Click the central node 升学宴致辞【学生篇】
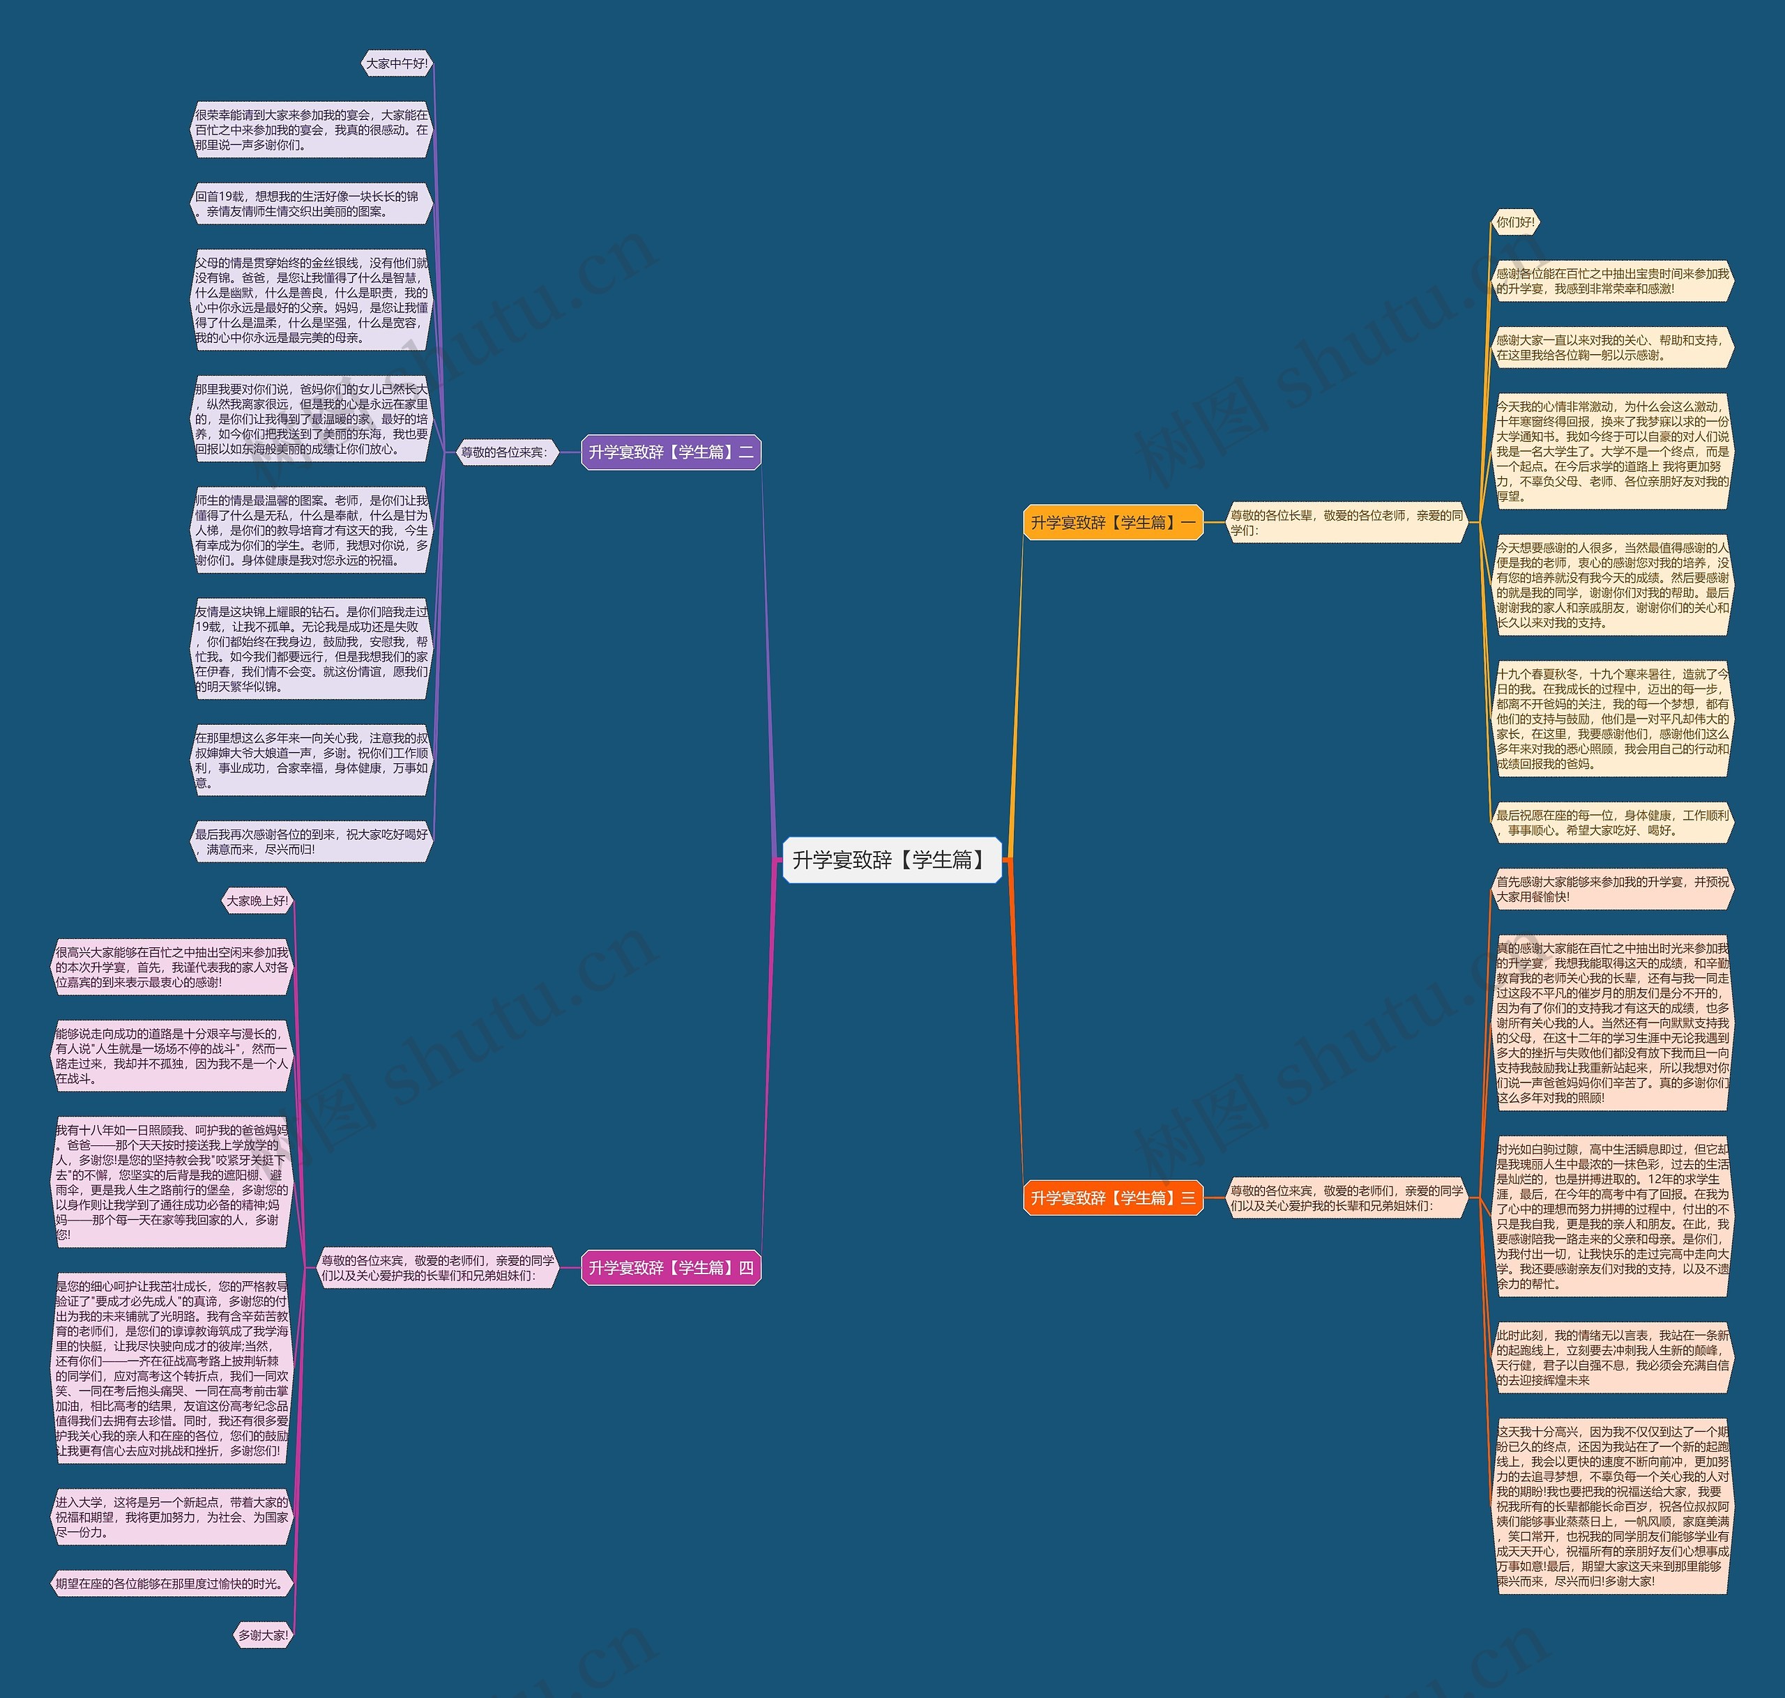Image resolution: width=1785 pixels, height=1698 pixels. click(x=890, y=860)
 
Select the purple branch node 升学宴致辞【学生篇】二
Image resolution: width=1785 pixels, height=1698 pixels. click(x=671, y=452)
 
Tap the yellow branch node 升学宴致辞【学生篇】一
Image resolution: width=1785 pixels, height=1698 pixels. click(x=1112, y=522)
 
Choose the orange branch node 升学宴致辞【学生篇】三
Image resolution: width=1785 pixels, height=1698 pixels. click(x=1112, y=1198)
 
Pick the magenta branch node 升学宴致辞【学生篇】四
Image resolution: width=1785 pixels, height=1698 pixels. click(x=671, y=1268)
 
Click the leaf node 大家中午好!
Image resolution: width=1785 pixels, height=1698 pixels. click(x=397, y=63)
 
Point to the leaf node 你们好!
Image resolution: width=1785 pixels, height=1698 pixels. click(x=1515, y=222)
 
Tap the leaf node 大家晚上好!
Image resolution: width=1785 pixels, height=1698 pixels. click(x=257, y=901)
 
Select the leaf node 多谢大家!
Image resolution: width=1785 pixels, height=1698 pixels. click(x=262, y=1635)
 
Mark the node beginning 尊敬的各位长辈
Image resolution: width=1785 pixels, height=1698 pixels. click(x=1346, y=522)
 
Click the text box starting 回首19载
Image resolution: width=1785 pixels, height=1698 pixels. click(x=312, y=204)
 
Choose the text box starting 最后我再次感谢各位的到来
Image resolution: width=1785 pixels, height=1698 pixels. click(x=312, y=842)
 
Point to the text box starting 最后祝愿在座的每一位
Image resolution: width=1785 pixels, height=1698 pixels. click(x=1612, y=822)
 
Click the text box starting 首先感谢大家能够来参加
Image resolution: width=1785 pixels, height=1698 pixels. click(x=1612, y=889)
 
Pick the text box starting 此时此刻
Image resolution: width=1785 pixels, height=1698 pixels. click(x=1612, y=1358)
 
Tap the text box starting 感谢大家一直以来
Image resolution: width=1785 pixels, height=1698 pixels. click(x=1612, y=348)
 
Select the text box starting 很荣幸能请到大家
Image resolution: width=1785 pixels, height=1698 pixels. click(x=312, y=130)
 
